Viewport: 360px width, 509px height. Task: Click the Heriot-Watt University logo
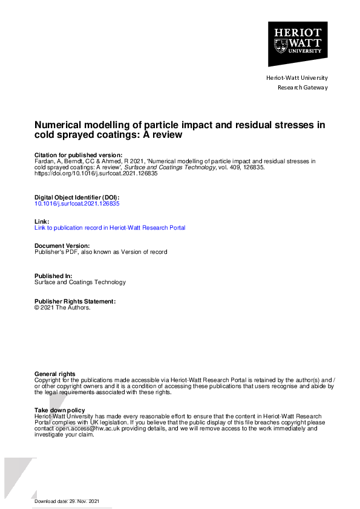(298, 44)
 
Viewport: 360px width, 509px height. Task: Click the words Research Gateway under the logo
(302, 88)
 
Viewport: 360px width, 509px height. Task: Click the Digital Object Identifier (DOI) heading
(76, 198)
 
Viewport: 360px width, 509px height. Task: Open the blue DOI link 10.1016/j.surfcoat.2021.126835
(77, 204)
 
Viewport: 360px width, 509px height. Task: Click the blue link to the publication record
(110, 228)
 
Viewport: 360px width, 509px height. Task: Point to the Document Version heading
(62, 246)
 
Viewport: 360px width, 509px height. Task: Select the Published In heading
(53, 276)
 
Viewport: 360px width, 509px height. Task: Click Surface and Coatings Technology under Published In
(80, 282)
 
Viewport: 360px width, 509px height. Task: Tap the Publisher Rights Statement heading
(75, 301)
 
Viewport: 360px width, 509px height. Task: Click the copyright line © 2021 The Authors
(62, 308)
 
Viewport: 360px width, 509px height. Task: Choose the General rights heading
(55, 374)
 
